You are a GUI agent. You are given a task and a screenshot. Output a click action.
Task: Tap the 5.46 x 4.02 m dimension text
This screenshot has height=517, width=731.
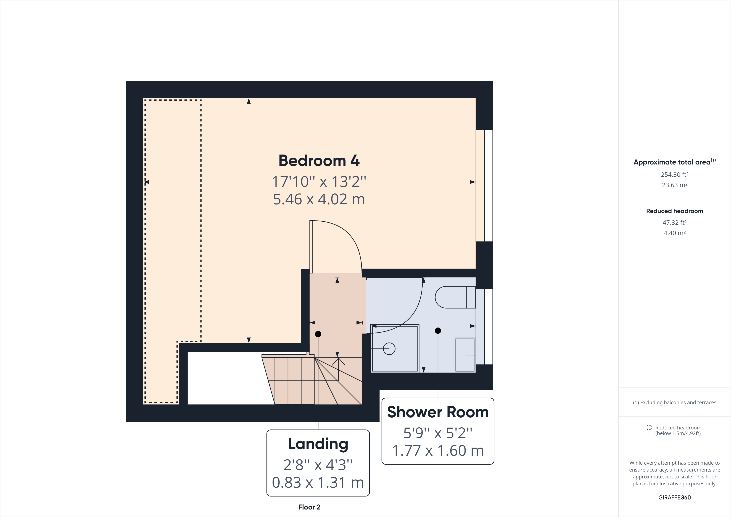point(319,200)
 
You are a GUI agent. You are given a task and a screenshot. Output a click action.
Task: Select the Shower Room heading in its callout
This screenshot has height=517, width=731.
point(438,412)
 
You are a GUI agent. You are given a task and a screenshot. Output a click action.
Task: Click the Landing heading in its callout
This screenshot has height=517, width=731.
point(318,444)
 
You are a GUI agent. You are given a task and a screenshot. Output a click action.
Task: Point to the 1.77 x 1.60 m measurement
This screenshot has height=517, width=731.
point(438,451)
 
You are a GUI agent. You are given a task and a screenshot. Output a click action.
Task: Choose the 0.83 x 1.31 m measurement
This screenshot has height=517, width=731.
point(318,483)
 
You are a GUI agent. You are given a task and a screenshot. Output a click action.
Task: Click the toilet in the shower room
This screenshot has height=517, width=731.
point(455,297)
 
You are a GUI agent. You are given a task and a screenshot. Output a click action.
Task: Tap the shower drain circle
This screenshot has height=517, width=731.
point(389,349)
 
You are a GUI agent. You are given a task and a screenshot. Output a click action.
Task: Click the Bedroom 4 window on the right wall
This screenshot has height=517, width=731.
point(484,186)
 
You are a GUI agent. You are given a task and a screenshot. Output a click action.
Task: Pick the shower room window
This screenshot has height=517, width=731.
point(484,326)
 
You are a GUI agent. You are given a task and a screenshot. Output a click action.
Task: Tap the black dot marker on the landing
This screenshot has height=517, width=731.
point(318,334)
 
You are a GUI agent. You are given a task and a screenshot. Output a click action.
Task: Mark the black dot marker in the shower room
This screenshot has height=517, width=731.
point(438,331)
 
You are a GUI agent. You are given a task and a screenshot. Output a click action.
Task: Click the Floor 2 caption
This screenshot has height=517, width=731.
point(309,507)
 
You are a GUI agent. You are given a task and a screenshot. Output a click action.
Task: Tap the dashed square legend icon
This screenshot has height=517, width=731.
point(649,428)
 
